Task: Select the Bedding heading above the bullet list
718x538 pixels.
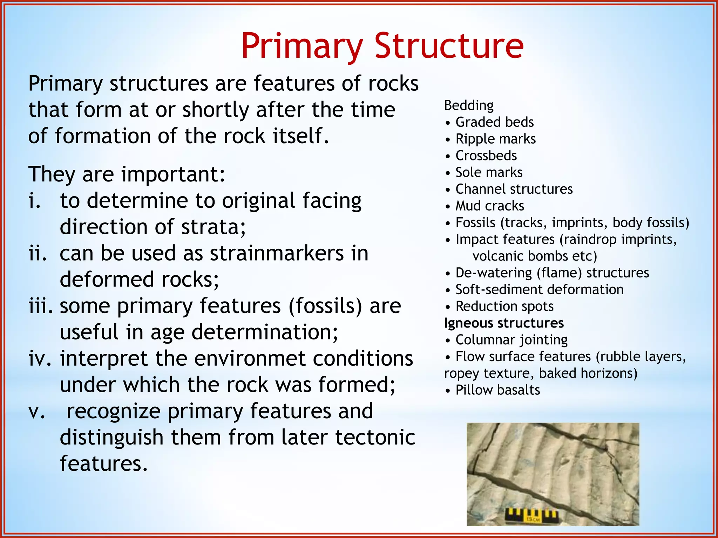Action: [469, 105]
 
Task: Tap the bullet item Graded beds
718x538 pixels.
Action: [494, 122]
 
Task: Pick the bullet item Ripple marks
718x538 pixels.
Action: [495, 139]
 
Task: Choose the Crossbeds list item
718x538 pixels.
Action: [486, 156]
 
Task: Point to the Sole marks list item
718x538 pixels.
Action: [489, 172]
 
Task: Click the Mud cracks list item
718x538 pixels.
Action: [489, 206]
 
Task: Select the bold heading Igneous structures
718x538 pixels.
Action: [504, 323]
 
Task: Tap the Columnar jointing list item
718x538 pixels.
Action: [511, 340]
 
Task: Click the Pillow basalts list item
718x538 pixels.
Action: [497, 390]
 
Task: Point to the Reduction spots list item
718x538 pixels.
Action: [504, 306]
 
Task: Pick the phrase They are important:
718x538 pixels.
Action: [127, 174]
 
